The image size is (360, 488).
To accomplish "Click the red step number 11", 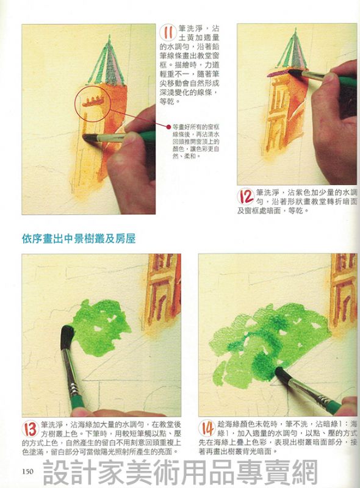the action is [x=168, y=34].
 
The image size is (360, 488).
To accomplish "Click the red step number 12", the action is [x=247, y=196].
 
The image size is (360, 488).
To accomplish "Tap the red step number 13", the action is [x=31, y=429].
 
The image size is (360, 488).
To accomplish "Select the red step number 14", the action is [x=207, y=428].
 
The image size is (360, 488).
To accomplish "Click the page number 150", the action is [x=27, y=472].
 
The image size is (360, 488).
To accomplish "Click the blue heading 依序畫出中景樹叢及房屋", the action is [x=79, y=239].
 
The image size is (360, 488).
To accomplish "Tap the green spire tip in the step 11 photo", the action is [x=109, y=36].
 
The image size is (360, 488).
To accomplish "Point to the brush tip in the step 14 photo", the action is [x=280, y=373].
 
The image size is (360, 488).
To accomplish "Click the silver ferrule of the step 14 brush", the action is [x=323, y=398].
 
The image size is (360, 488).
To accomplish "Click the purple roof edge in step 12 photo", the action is [x=279, y=73].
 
